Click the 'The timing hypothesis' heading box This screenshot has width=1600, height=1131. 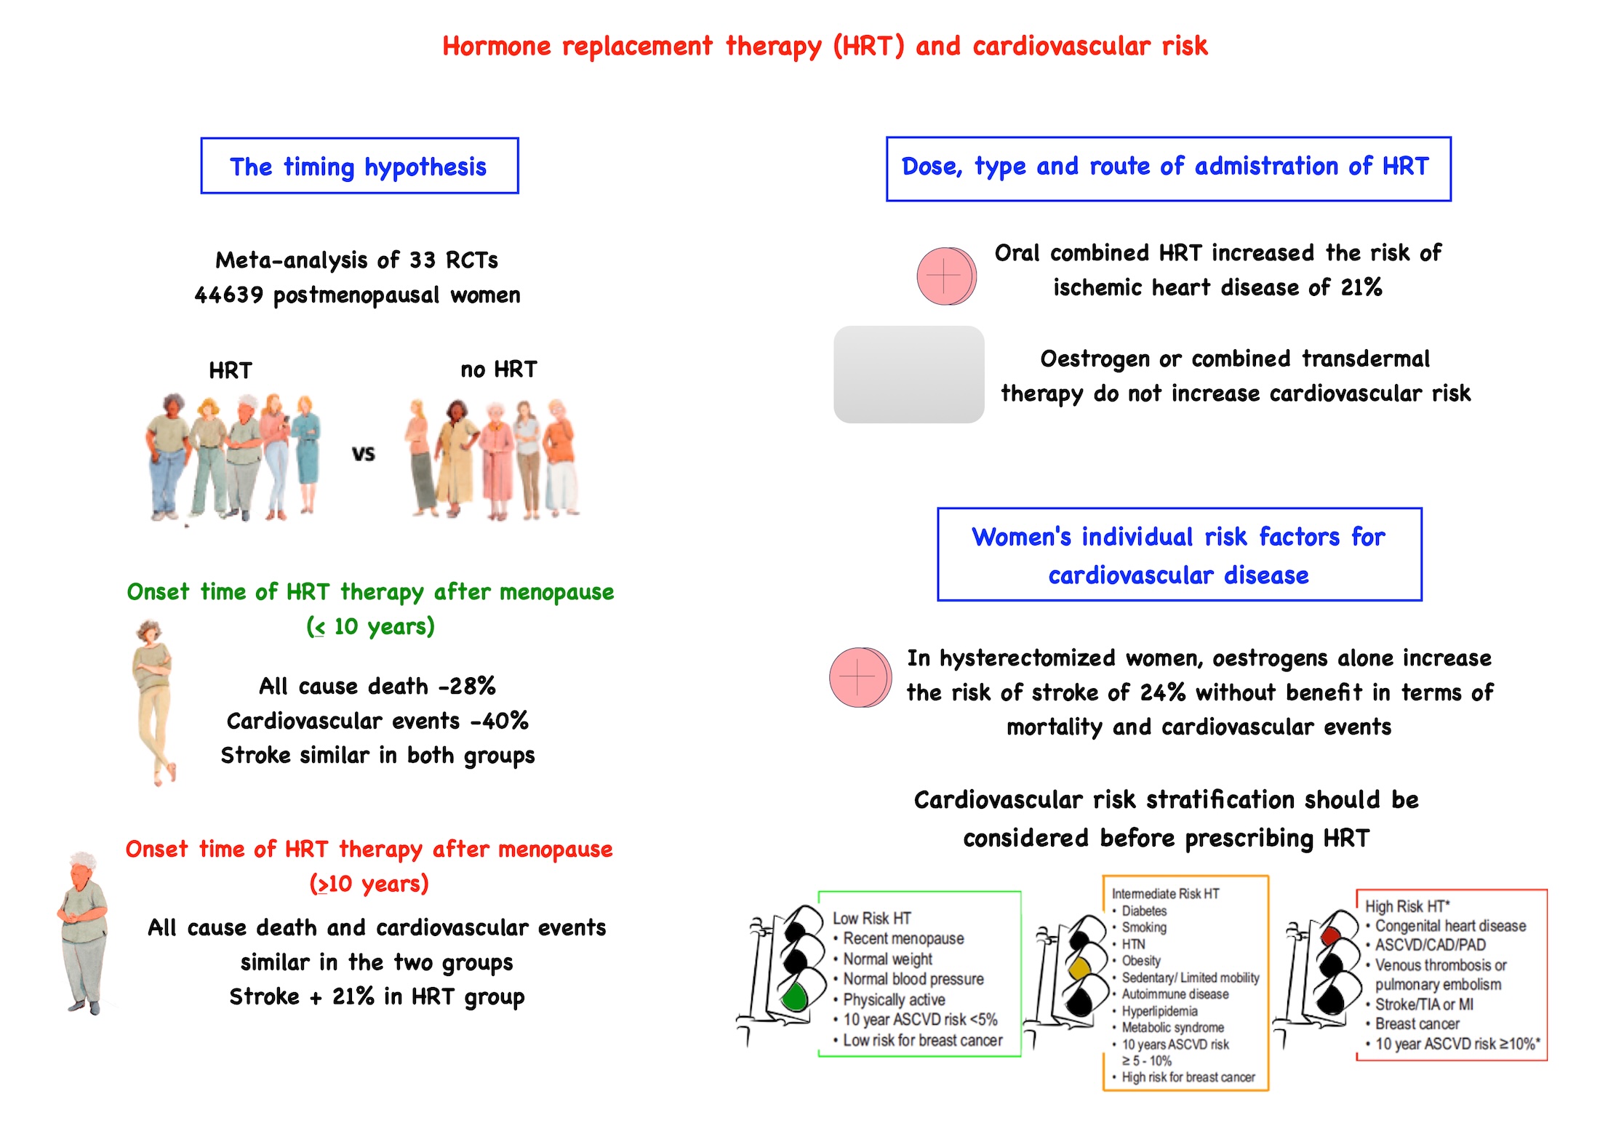tap(359, 166)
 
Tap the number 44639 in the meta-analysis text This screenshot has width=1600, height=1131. tap(228, 295)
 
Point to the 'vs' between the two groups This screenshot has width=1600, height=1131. tap(364, 455)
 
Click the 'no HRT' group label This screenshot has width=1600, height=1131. tap(499, 369)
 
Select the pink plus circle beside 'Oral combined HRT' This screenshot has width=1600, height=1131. tap(945, 276)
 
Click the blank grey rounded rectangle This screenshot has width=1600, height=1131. tap(909, 375)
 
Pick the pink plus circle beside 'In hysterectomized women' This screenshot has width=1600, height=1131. tap(860, 677)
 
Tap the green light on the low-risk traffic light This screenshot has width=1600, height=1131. tap(796, 996)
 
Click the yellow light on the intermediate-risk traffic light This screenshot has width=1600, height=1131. tap(1079, 969)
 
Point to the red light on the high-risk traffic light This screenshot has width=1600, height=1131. tap(1330, 935)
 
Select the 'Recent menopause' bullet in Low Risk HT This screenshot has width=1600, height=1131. tap(903, 939)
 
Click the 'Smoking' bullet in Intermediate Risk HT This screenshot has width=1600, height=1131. tap(1144, 927)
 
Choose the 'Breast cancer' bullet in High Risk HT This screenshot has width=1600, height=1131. tap(1417, 1024)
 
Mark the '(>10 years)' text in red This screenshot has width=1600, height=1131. tap(369, 884)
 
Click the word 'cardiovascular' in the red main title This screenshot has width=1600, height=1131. tap(1061, 46)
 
